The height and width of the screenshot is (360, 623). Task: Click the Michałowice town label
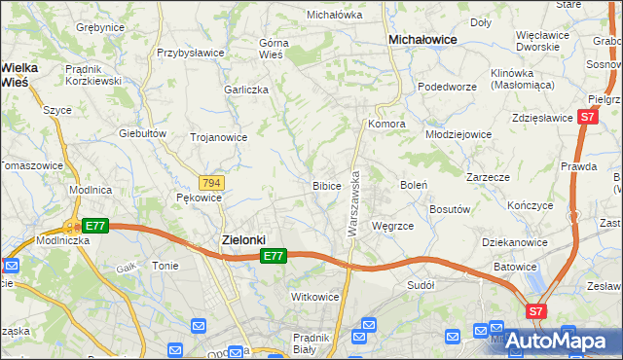[x=423, y=39]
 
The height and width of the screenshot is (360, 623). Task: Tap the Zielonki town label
[x=238, y=239]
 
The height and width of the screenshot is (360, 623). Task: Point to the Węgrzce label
[x=393, y=226]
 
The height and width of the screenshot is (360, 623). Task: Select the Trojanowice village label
[x=218, y=137]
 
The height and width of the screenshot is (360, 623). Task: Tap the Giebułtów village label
[x=138, y=133]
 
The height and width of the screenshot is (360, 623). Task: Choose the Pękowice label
[x=200, y=198]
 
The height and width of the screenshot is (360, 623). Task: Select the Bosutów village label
[x=450, y=209]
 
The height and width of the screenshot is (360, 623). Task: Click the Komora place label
[x=385, y=125]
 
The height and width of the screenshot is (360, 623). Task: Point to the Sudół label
[x=421, y=285]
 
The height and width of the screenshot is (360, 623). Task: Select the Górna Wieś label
[x=276, y=49]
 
